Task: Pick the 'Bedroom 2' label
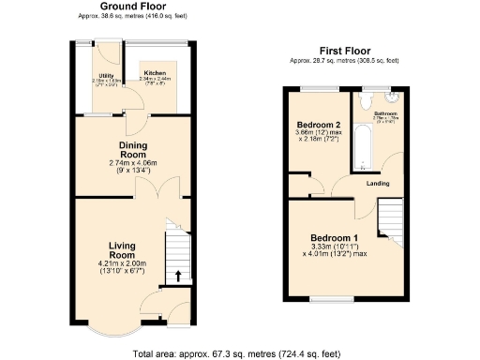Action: (319, 125)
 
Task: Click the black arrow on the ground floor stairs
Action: (176, 276)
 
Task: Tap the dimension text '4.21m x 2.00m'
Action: (122, 263)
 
